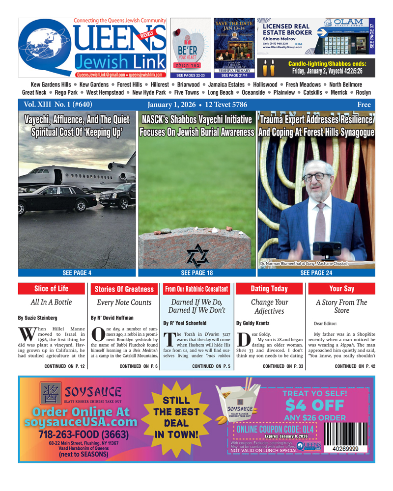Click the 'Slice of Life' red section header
(52, 289)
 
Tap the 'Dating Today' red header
(269, 289)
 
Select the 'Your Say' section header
(341, 289)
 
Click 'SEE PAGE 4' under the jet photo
(77, 273)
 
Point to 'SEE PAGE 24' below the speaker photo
(316, 273)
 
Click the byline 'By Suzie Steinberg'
(37, 318)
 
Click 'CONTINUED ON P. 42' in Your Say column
(355, 366)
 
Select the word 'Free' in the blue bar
(364, 105)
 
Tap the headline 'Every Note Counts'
(124, 303)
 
